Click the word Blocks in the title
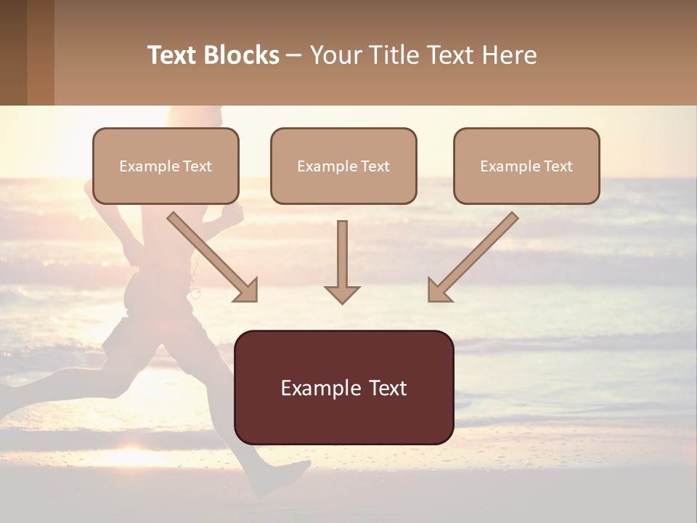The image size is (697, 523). point(241,55)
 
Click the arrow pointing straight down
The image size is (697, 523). point(342,261)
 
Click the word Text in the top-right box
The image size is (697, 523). point(558,166)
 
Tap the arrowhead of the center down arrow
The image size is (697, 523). point(342,293)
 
